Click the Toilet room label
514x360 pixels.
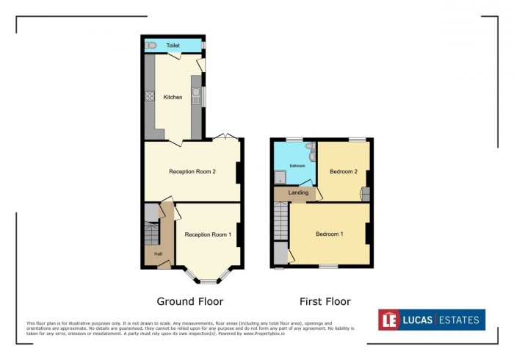point(173,46)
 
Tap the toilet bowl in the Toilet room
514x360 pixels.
point(151,46)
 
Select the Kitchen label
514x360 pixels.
point(173,97)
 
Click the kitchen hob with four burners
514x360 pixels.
point(149,96)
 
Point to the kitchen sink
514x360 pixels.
point(195,94)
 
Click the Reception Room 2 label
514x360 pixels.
point(192,172)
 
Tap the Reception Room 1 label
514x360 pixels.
point(208,234)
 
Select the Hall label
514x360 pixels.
point(158,254)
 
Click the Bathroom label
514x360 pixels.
point(297,166)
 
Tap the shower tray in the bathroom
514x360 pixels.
point(280,176)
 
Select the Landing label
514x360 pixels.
point(297,192)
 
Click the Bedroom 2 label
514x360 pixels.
point(343,172)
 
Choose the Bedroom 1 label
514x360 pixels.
point(329,234)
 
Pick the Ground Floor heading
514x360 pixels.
point(190,301)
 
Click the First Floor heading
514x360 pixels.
point(325,301)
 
